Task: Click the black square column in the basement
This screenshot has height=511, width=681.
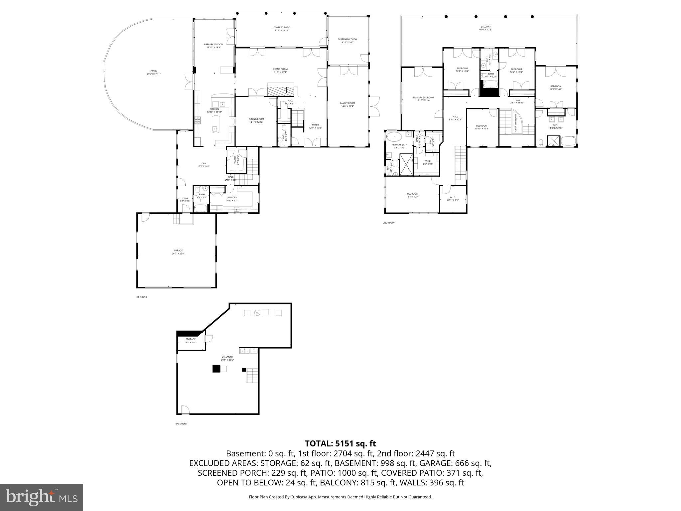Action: (x=216, y=369)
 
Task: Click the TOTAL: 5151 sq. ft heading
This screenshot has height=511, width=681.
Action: (x=340, y=443)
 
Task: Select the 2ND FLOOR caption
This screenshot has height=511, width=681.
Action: (x=389, y=223)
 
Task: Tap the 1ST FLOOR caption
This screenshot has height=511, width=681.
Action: (x=141, y=297)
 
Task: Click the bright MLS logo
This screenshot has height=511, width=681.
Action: (x=42, y=497)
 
